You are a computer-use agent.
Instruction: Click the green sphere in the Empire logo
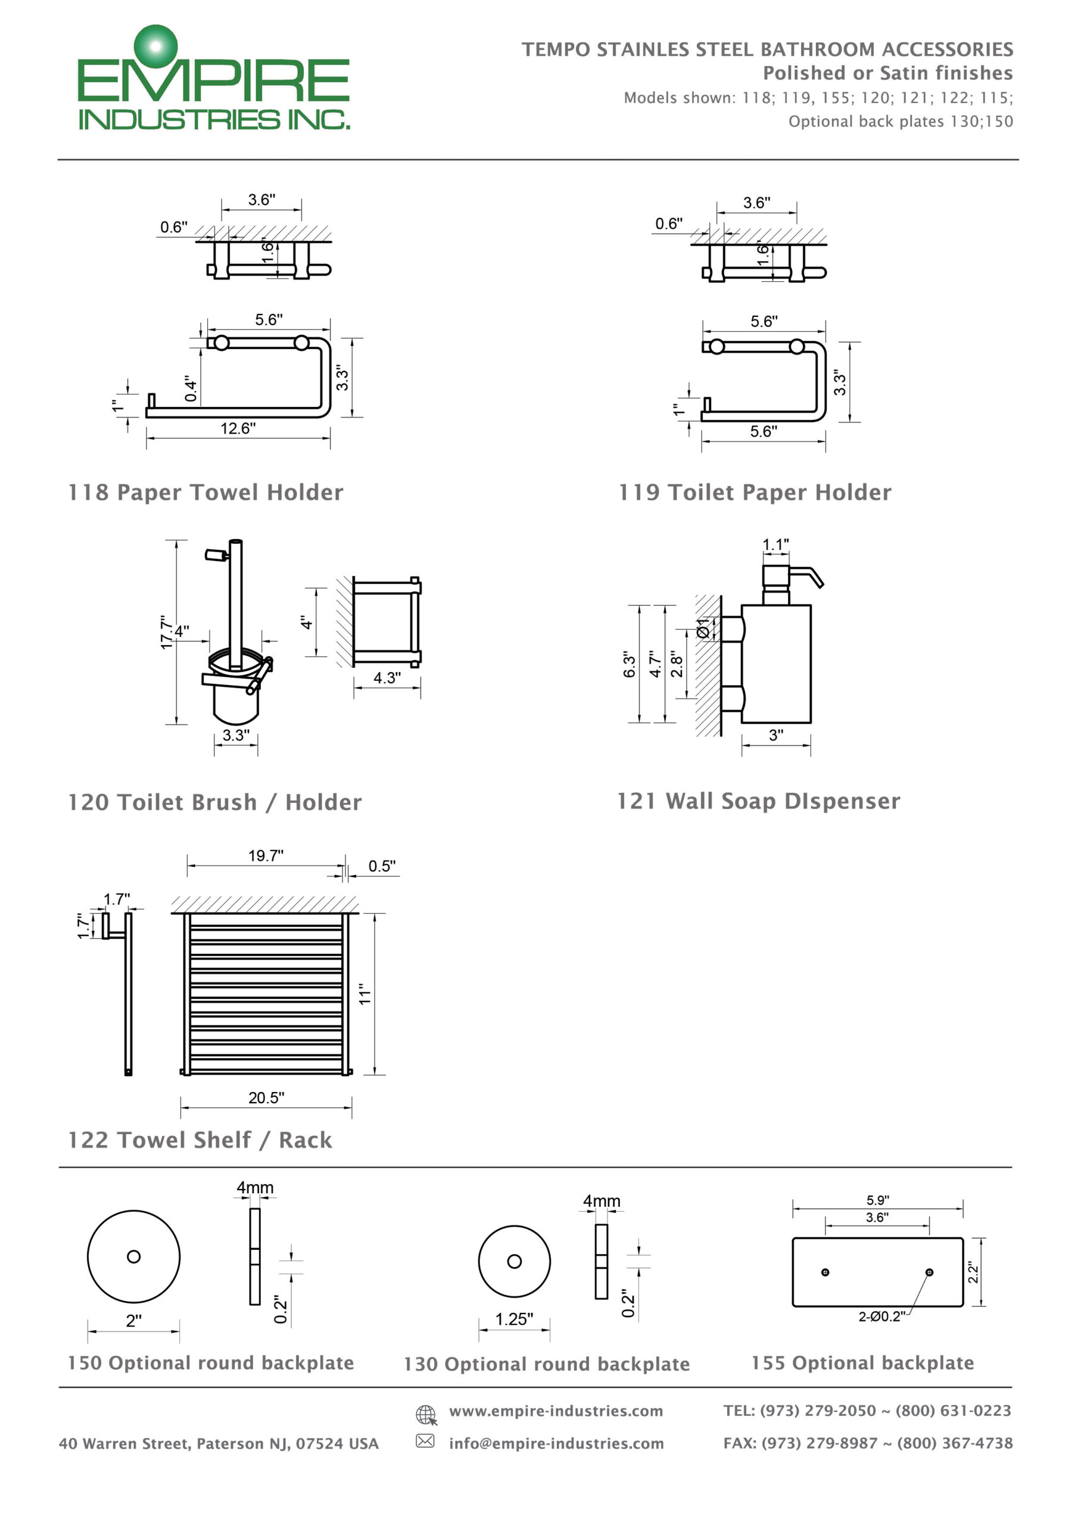pyautogui.click(x=156, y=46)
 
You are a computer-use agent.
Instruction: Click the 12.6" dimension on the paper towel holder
pyautogui.click(x=238, y=428)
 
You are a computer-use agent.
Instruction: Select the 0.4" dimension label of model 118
pyautogui.click(x=191, y=388)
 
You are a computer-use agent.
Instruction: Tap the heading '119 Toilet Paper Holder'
pyautogui.click(x=755, y=492)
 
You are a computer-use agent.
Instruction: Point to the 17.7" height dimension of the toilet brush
pyautogui.click(x=166, y=631)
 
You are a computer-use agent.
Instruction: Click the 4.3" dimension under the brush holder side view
pyautogui.click(x=387, y=677)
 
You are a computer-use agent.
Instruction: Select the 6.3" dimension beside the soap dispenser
pyautogui.click(x=629, y=664)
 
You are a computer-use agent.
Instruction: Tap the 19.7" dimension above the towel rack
pyautogui.click(x=266, y=855)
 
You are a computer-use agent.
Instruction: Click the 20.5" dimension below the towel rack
pyautogui.click(x=266, y=1098)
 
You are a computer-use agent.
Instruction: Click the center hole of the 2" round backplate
pyautogui.click(x=133, y=1257)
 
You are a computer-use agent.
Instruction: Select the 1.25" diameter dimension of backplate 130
pyautogui.click(x=513, y=1319)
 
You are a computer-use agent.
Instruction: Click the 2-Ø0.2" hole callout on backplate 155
pyautogui.click(x=881, y=1317)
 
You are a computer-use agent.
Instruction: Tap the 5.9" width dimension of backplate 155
pyautogui.click(x=877, y=1200)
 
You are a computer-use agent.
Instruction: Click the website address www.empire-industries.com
pyautogui.click(x=556, y=1411)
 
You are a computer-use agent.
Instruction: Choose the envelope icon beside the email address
pyautogui.click(x=425, y=1440)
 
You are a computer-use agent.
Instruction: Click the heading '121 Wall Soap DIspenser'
pyautogui.click(x=759, y=801)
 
